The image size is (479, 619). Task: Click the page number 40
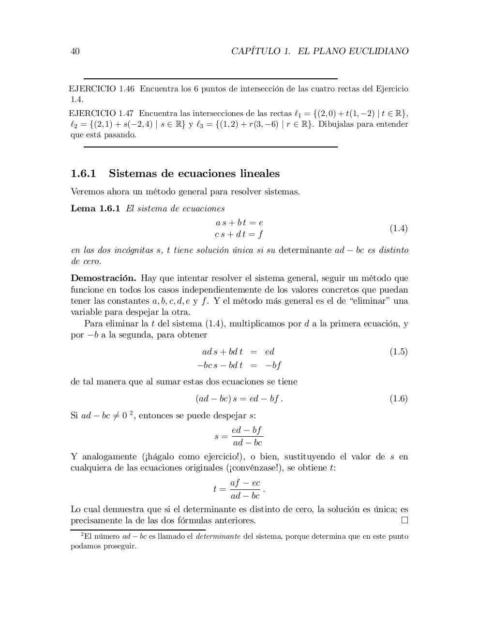[75, 51]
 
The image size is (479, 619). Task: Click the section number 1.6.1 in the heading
[84, 174]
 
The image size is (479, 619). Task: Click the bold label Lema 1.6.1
[95, 209]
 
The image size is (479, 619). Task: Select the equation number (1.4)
[399, 228]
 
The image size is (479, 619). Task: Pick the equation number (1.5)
[399, 352]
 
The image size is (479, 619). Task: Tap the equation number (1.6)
[399, 398]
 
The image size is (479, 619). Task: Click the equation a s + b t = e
[239, 223]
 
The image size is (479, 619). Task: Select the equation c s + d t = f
[239, 235]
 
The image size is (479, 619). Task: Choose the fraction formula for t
[239, 489]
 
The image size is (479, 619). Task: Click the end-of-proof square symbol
[404, 520]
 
